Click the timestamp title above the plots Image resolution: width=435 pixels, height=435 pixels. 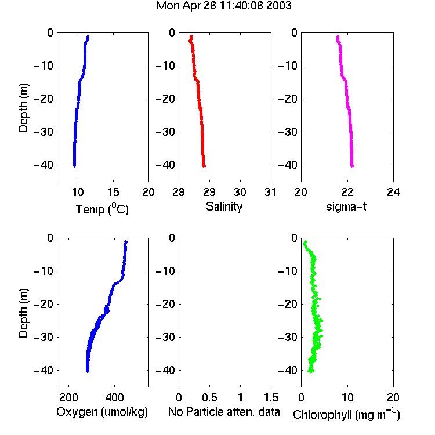(224, 6)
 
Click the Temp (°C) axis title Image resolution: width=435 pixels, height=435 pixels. (102, 209)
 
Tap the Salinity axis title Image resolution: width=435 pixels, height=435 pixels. (224, 206)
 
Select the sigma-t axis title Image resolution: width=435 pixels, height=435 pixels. (346, 206)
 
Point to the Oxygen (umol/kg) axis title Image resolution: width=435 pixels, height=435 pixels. (102, 412)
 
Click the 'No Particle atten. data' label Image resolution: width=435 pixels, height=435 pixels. (224, 412)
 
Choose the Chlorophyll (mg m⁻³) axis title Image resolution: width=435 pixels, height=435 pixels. (346, 414)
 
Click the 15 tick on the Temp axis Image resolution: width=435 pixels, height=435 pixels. (113, 192)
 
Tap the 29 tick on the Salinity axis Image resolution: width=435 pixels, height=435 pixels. (209, 192)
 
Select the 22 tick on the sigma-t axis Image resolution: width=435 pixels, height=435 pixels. (347, 192)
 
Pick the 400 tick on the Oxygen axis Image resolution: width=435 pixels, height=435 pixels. (115, 397)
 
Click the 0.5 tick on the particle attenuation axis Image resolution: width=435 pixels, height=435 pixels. (210, 397)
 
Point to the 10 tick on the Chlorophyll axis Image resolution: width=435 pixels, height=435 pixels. (347, 397)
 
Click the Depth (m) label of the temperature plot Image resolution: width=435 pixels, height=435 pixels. (23, 108)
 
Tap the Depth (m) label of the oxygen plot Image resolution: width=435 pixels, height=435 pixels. (23, 313)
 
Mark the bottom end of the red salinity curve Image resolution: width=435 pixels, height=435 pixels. (204, 166)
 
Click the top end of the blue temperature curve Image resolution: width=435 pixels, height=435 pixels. (88, 37)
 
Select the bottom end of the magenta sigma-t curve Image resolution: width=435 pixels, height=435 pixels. (352, 166)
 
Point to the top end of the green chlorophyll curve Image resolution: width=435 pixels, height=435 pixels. (306, 242)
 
